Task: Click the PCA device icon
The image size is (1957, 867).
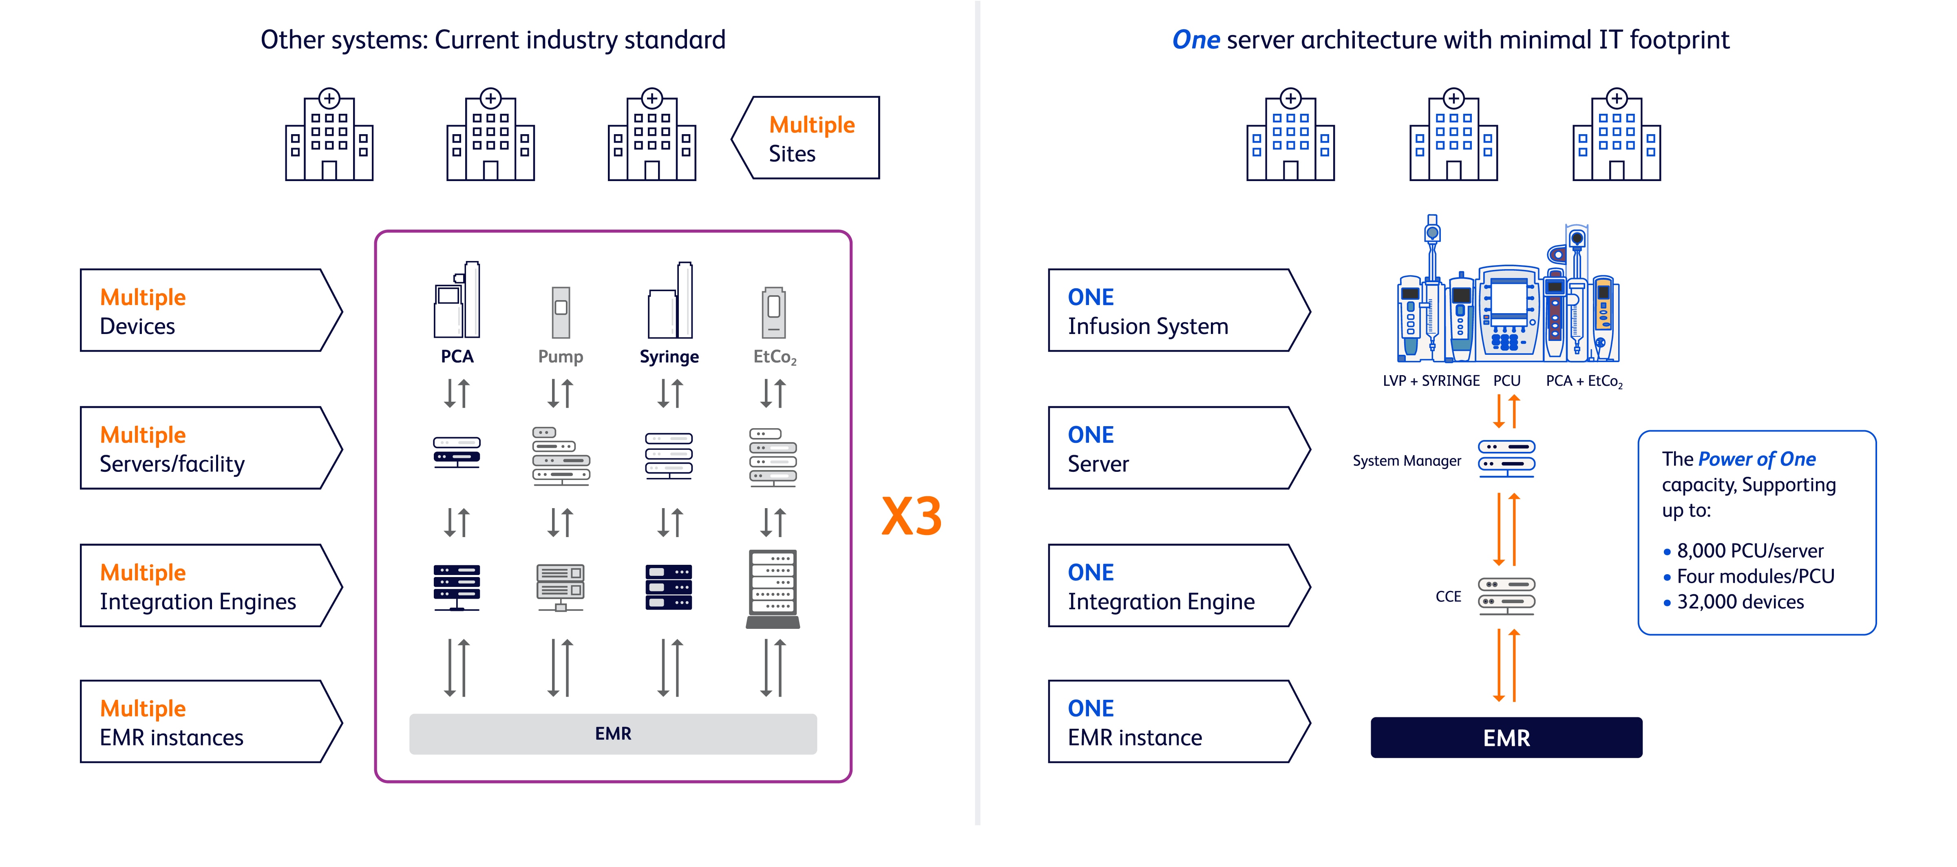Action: pyautogui.click(x=457, y=301)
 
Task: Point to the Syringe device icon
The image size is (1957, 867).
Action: pyautogui.click(x=669, y=301)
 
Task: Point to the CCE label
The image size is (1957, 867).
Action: pyautogui.click(x=1448, y=597)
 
